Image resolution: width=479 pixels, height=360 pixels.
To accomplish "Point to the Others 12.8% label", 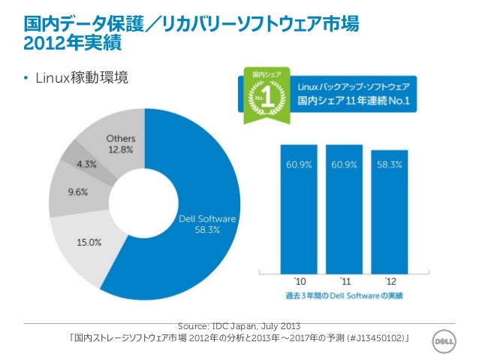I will tap(121, 144).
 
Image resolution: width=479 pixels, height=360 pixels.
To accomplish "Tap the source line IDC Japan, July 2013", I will tap(239, 325).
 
